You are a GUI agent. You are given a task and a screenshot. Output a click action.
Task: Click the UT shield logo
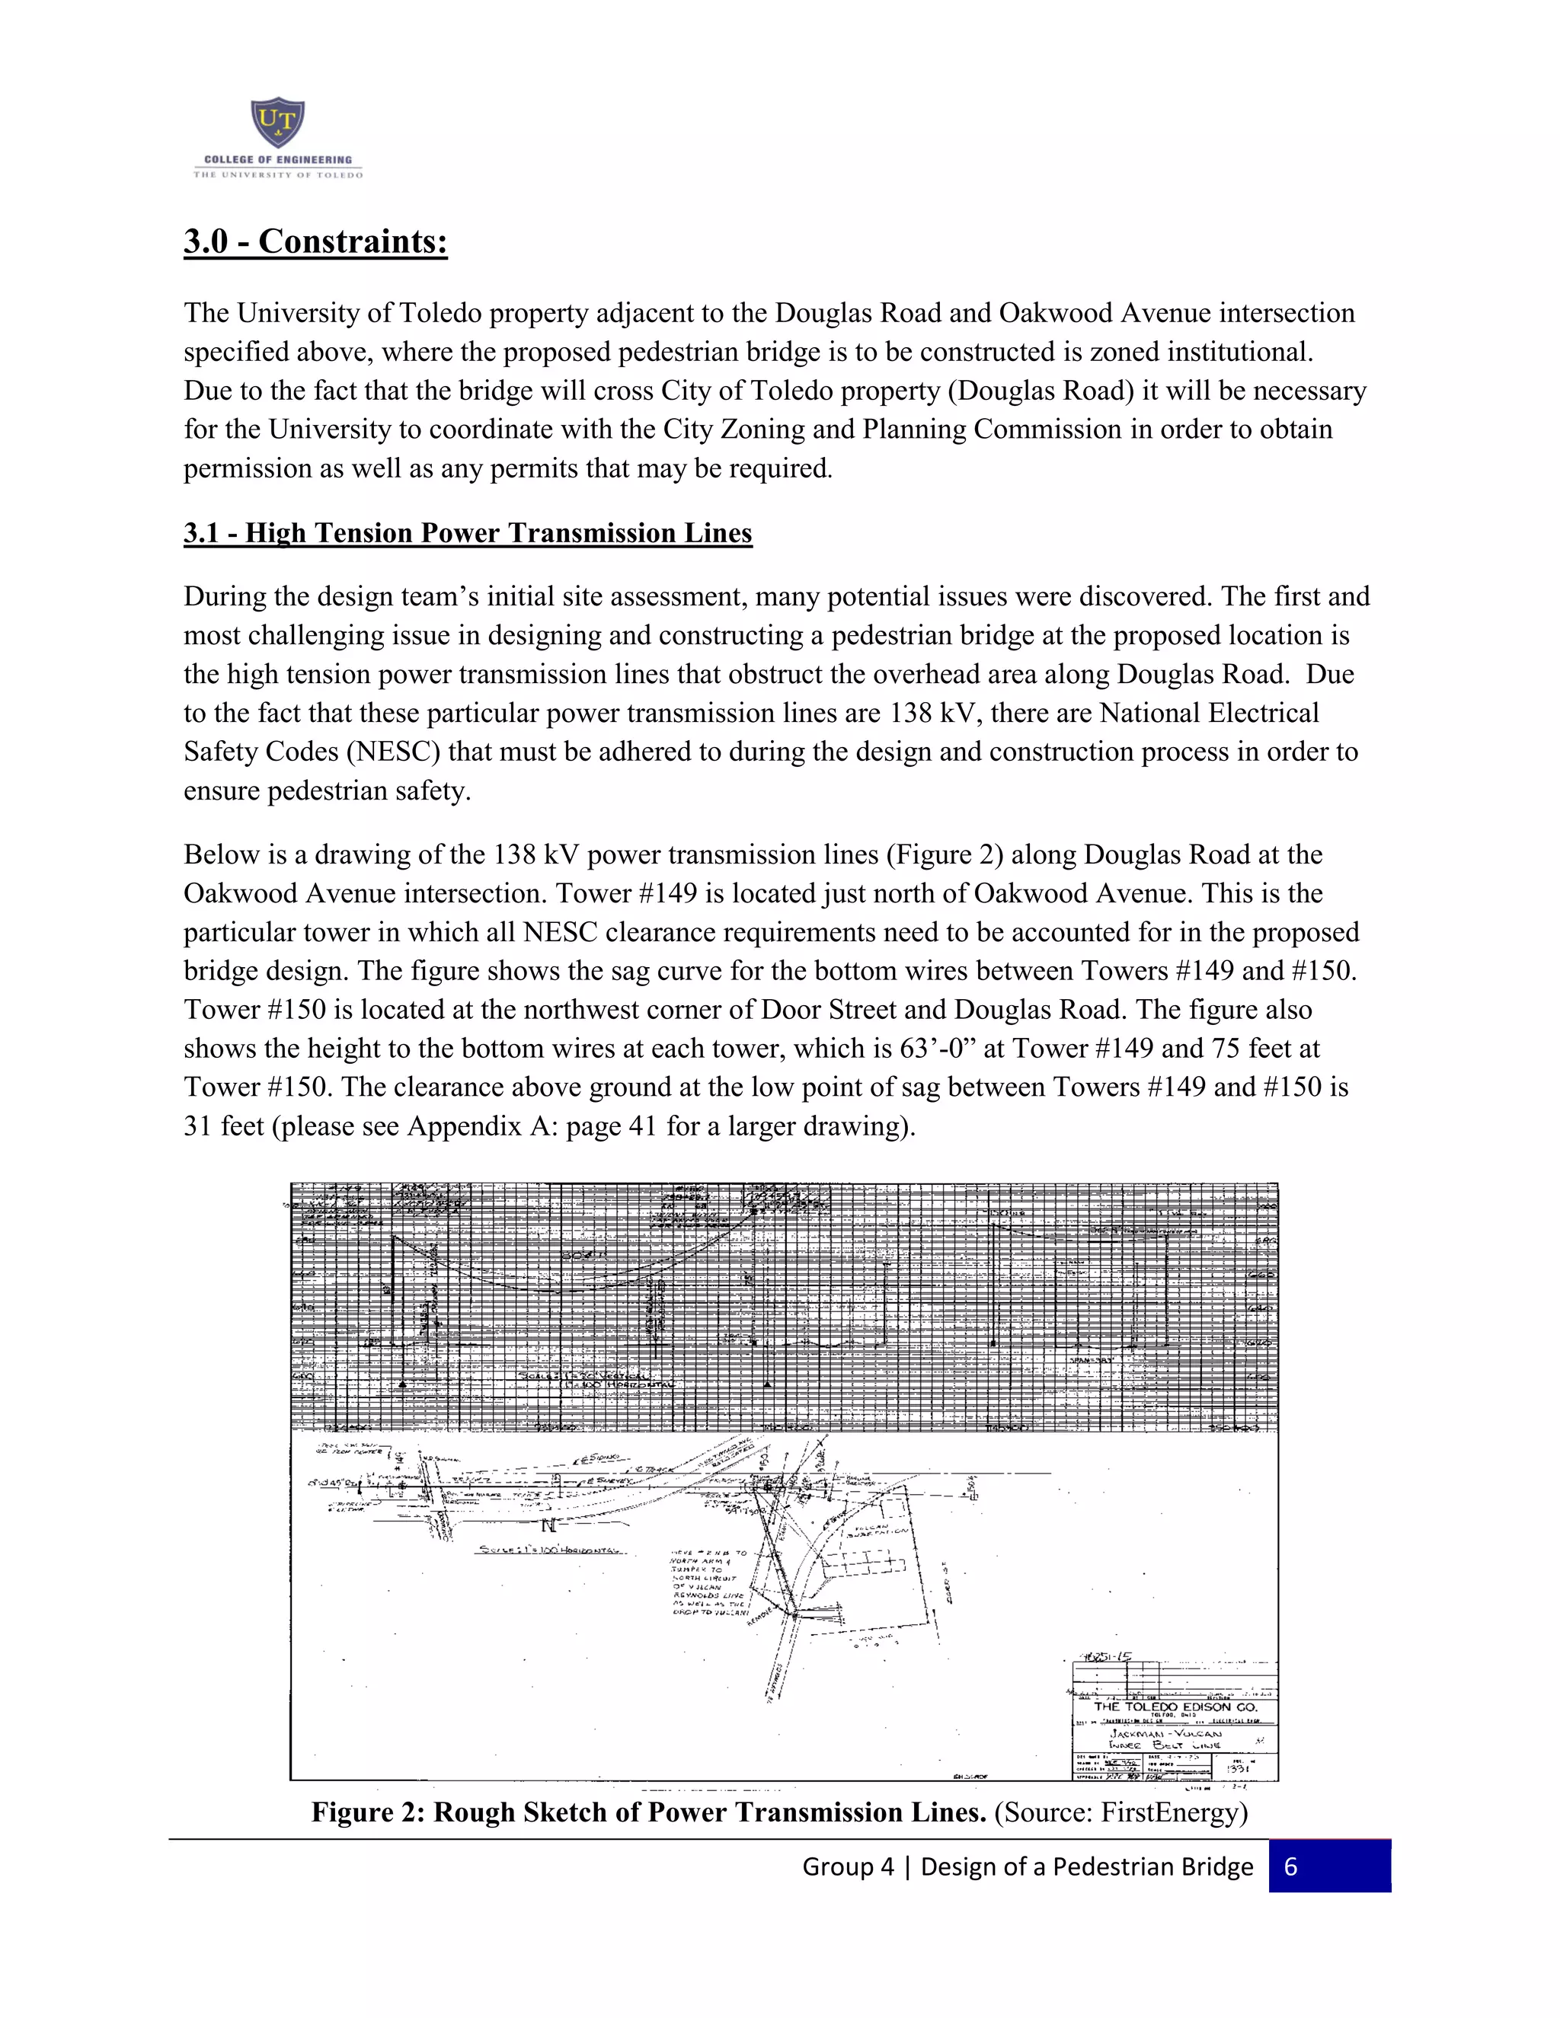click(277, 124)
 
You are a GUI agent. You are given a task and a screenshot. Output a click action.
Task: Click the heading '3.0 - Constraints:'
click(315, 241)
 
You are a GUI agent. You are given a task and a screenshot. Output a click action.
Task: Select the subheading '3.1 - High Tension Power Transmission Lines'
click(468, 533)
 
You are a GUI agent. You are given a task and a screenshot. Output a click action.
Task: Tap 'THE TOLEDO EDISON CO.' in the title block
click(1175, 1707)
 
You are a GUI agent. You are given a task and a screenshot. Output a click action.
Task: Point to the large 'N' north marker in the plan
click(548, 1525)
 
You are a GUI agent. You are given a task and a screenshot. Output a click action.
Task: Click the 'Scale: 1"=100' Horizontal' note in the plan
click(551, 1550)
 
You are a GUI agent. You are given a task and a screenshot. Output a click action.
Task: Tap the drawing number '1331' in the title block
click(1239, 1768)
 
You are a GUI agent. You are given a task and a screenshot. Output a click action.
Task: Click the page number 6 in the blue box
click(1291, 1866)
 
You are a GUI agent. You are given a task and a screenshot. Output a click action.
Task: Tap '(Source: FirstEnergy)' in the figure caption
click(1121, 1812)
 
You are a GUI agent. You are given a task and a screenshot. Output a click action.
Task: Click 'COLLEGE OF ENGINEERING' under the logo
click(277, 160)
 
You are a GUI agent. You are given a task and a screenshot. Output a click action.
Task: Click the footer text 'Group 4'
click(848, 1866)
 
